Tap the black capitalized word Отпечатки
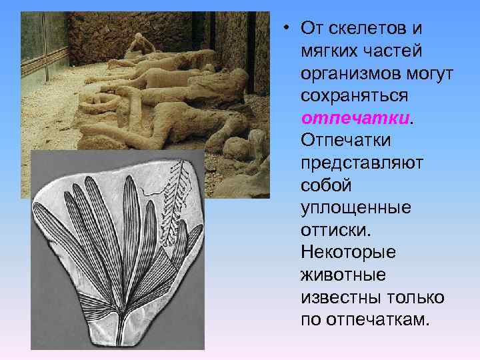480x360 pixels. point(346,141)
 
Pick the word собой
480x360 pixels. point(325,185)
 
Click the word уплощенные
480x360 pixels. point(356,208)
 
